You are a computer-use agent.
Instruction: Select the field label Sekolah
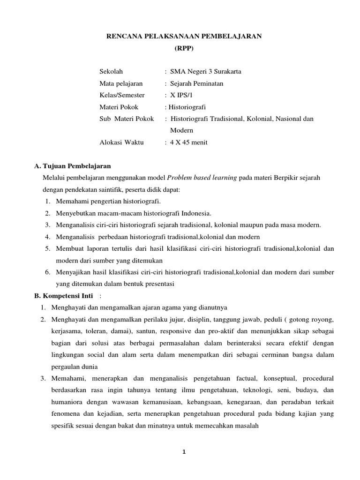click(x=111, y=72)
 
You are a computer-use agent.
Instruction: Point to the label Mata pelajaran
click(x=121, y=83)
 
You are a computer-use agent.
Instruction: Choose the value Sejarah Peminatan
click(x=197, y=83)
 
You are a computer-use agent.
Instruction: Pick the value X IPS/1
click(x=183, y=95)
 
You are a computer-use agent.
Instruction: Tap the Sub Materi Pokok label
click(x=127, y=119)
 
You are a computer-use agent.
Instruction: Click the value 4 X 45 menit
click(x=190, y=142)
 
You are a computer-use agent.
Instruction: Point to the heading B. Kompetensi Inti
click(x=67, y=296)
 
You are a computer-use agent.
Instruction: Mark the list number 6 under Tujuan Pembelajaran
click(x=48, y=272)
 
